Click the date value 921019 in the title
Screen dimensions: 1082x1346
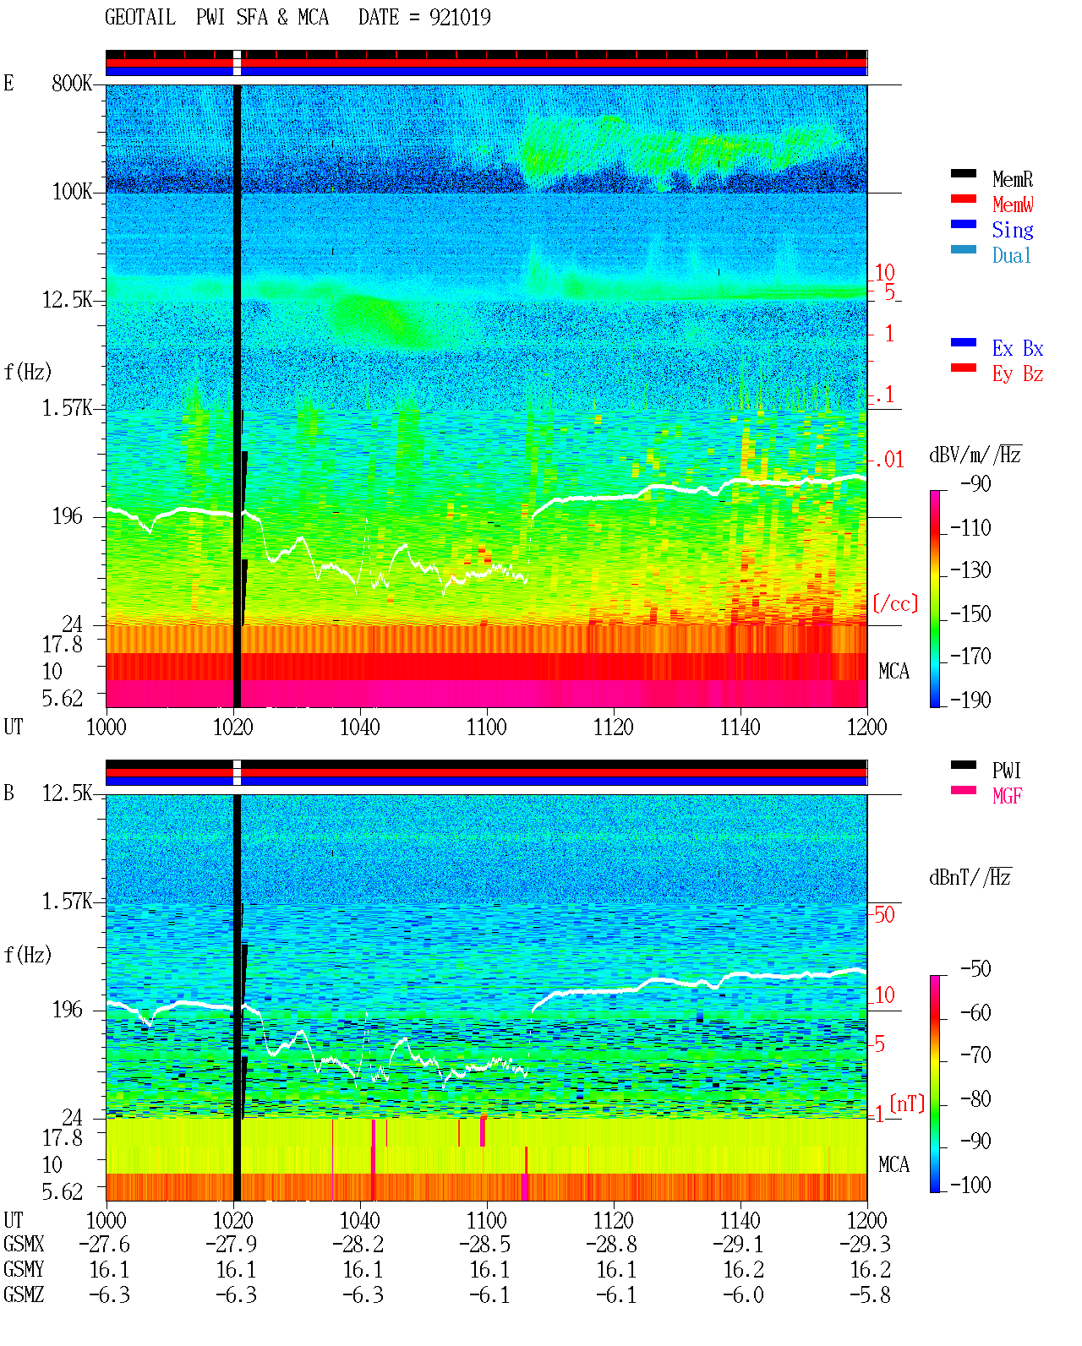tap(459, 17)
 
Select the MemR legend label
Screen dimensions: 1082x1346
tap(1013, 179)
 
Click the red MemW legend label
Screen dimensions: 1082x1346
tap(1013, 204)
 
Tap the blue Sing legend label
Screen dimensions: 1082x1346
tap(1012, 230)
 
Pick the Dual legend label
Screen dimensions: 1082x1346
tap(1011, 255)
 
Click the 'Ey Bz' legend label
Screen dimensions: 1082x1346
tap(1017, 374)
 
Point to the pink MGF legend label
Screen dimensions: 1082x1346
tap(1007, 796)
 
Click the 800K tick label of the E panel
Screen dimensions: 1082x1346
tap(72, 83)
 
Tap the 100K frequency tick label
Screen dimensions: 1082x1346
tap(72, 192)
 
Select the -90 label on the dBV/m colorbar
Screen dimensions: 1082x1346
tap(975, 483)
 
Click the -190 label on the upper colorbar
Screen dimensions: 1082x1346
tap(970, 700)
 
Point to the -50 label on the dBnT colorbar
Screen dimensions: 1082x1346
tap(975, 969)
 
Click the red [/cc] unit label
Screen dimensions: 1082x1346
tap(895, 603)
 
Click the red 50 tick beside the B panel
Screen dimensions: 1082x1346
tap(884, 914)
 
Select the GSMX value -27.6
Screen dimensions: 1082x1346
tap(104, 1244)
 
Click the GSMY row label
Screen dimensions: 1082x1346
tap(24, 1270)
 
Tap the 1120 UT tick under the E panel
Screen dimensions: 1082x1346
tap(614, 727)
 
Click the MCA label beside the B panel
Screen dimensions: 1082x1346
tap(893, 1164)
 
